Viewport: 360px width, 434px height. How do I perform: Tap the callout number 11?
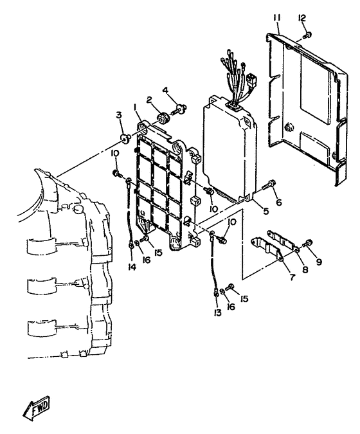(276, 18)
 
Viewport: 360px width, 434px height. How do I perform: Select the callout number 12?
(302, 18)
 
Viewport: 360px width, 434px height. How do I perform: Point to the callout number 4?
(165, 91)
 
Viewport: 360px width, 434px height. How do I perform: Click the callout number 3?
(119, 115)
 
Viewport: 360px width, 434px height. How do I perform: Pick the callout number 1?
(136, 107)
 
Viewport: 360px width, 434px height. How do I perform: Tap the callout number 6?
(278, 203)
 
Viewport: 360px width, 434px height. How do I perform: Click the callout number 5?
(265, 211)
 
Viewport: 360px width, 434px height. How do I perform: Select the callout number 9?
(319, 262)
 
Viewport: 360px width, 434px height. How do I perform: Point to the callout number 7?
(292, 276)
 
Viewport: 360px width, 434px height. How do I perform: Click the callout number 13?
(217, 313)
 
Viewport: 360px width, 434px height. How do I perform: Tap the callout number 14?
(132, 267)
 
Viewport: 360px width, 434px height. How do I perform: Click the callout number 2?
(149, 100)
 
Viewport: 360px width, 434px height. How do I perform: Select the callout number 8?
(305, 269)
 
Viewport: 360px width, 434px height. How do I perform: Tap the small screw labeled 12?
(307, 35)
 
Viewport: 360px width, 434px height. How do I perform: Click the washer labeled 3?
(125, 138)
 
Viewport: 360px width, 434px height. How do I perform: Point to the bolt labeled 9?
(308, 244)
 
